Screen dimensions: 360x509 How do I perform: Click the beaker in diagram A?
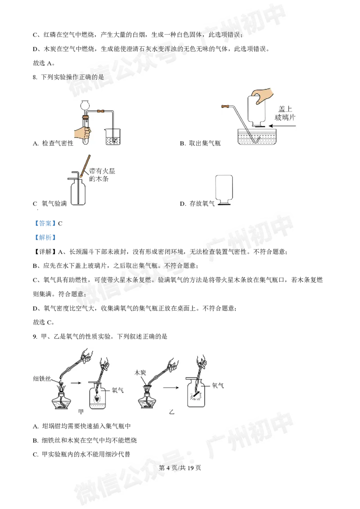point(113,137)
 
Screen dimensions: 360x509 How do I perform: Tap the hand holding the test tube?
point(82,133)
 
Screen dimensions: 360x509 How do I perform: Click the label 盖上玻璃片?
point(285,113)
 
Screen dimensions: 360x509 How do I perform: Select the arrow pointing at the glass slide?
point(282,126)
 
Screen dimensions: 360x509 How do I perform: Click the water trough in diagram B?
point(256,137)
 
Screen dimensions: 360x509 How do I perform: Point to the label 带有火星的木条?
point(102,174)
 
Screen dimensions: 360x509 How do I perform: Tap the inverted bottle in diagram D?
point(224,190)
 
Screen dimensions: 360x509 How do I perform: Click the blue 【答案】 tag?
point(45,223)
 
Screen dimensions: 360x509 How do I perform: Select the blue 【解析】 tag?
point(45,237)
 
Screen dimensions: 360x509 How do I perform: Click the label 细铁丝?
point(42,379)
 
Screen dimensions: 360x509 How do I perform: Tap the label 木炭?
point(140,373)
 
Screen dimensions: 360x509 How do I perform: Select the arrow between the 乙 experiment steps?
point(171,388)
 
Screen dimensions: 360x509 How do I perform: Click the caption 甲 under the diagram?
point(81,411)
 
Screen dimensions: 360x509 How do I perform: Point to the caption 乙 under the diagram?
point(171,411)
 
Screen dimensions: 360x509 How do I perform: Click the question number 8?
point(35,77)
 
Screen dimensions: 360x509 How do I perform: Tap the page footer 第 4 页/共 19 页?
point(180,468)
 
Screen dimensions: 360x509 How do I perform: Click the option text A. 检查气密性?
point(53,143)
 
